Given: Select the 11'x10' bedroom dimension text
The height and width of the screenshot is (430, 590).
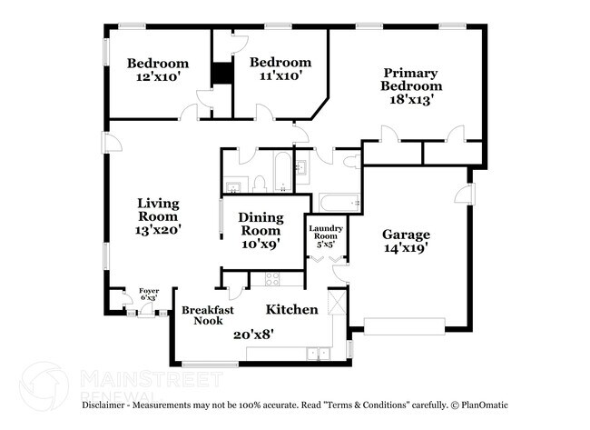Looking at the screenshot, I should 280,77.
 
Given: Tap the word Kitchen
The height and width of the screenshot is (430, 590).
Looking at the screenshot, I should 292,310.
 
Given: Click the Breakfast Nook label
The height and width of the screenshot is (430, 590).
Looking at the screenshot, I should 208,315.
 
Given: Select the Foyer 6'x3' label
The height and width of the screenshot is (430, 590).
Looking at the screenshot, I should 148,295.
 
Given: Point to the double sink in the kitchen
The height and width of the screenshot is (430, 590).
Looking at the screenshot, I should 318,354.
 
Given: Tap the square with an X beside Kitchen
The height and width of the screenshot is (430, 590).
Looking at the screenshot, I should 337,300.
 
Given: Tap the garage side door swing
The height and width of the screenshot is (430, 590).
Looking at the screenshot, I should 462,194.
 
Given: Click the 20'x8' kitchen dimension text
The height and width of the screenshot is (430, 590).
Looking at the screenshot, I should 254,334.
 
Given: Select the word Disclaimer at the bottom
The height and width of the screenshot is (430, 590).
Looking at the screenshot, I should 108,405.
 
